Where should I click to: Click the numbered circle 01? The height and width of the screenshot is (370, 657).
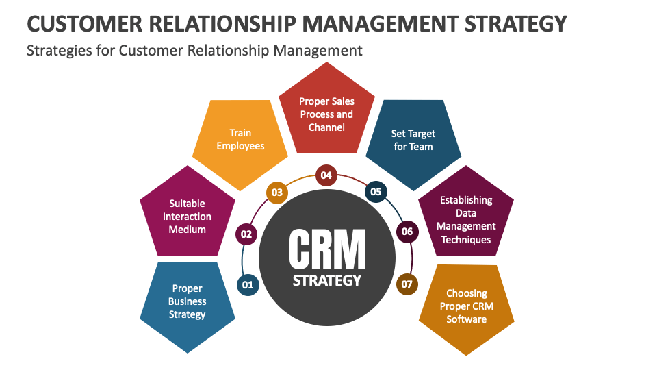point(248,284)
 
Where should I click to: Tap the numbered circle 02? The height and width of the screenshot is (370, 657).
point(246,234)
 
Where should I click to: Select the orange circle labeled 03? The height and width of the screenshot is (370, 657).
point(276,193)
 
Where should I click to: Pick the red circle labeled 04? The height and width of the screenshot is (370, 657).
point(326,175)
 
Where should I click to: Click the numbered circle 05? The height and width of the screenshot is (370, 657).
point(376,192)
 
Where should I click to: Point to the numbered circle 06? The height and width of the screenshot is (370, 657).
point(407,232)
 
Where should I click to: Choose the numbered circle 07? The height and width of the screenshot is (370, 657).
point(407,283)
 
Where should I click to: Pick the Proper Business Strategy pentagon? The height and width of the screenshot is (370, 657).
point(187,304)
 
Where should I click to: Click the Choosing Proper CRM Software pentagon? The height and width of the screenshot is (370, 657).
point(466,308)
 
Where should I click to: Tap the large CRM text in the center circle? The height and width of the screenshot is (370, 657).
point(327,249)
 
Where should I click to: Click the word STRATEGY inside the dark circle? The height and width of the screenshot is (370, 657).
point(326,280)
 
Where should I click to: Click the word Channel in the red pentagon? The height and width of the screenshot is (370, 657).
point(326,127)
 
